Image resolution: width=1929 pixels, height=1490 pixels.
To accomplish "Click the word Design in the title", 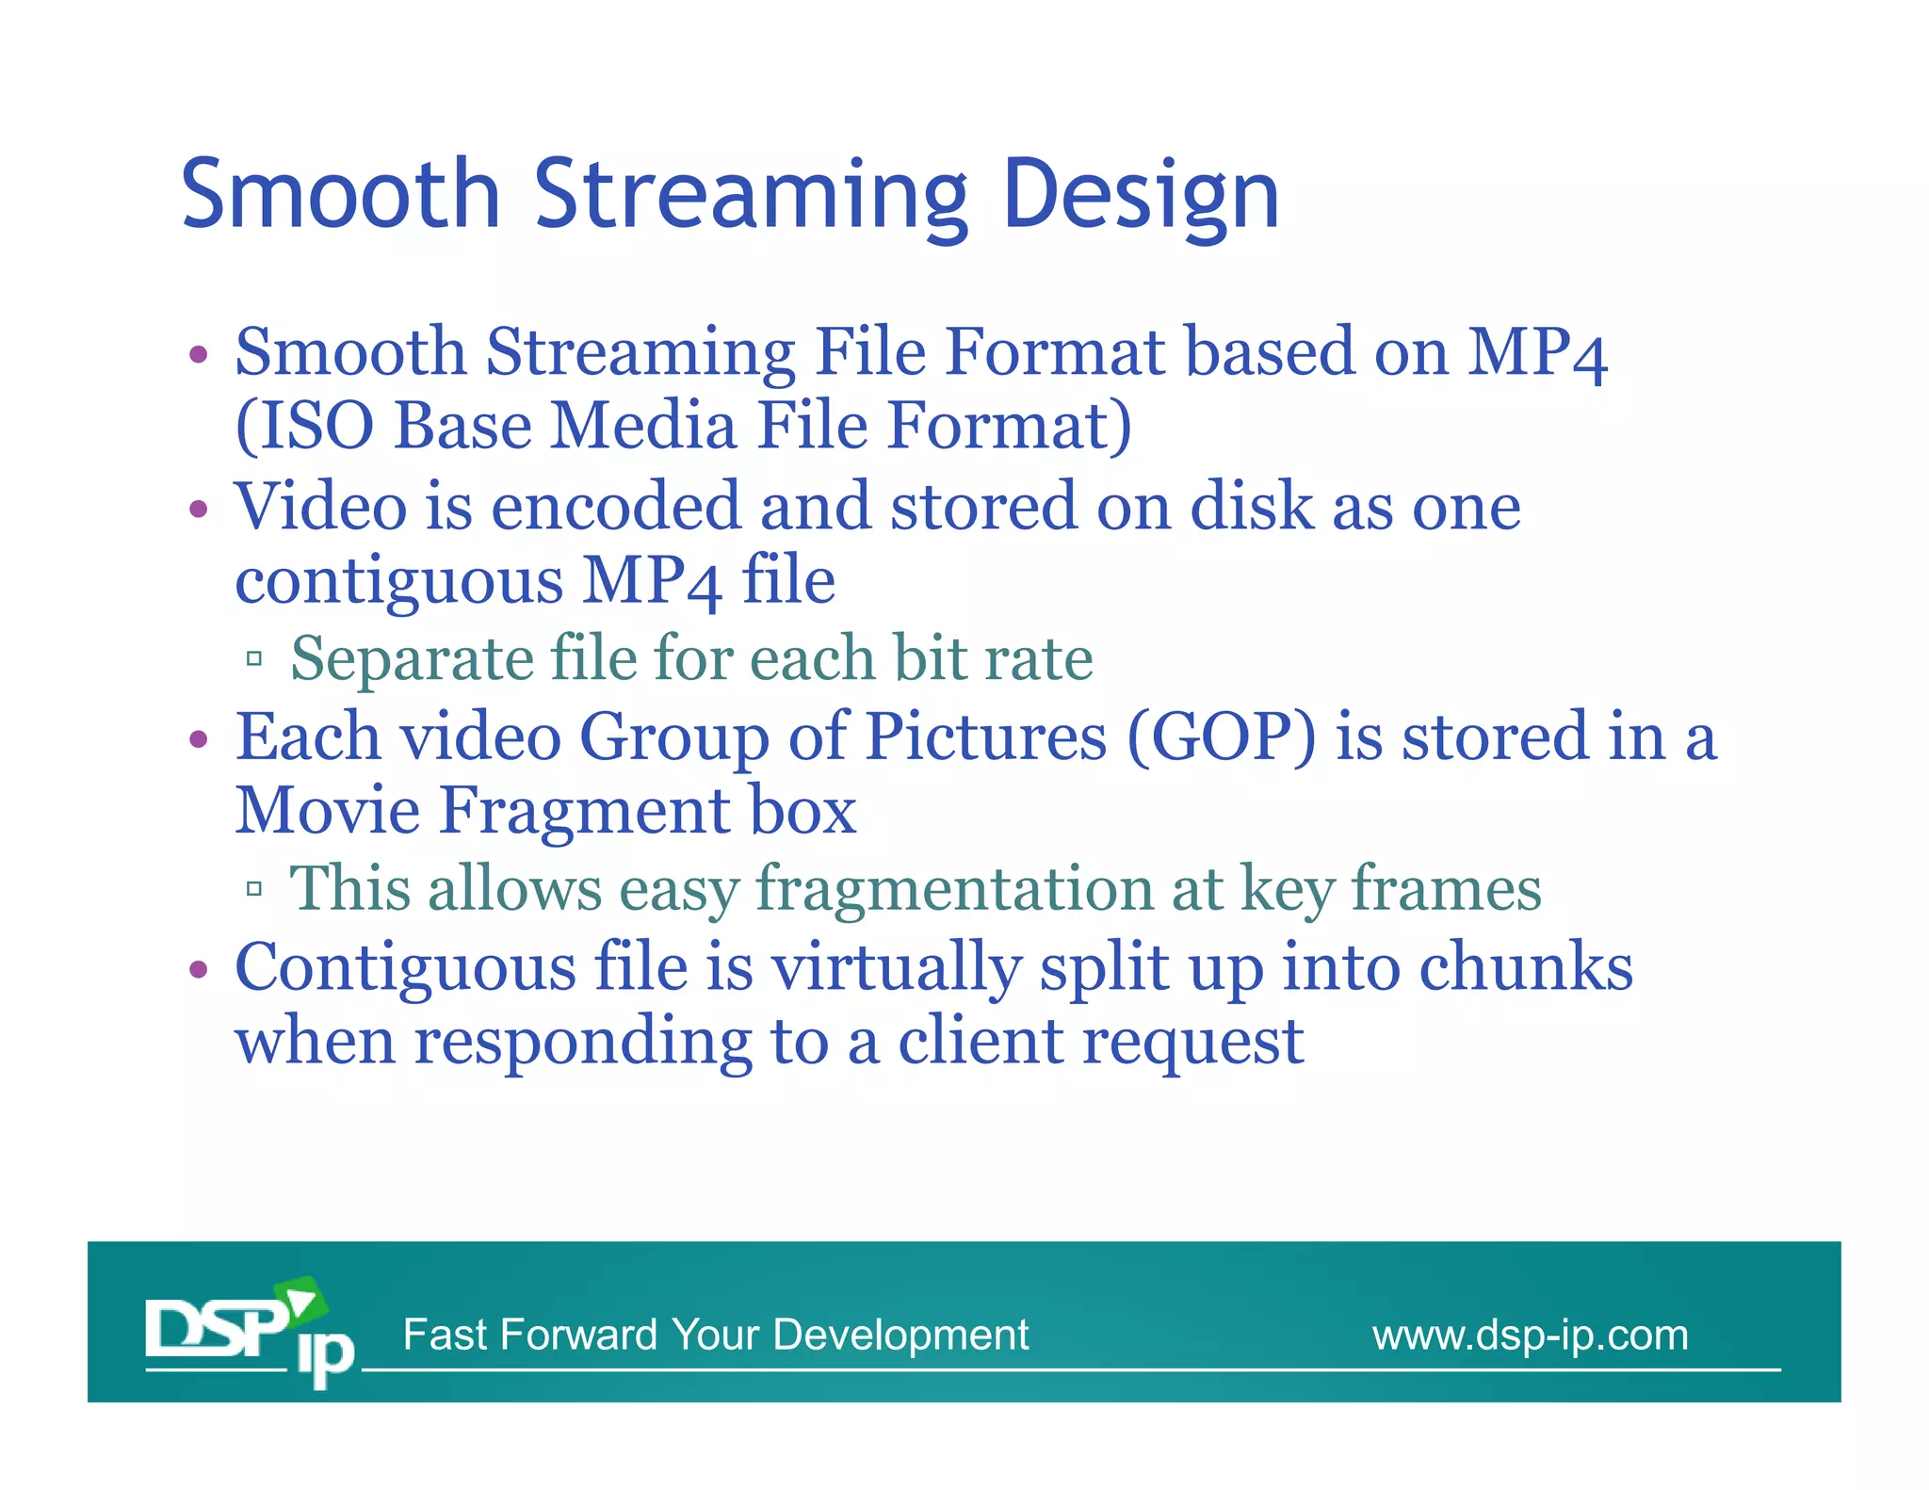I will pyautogui.click(x=1141, y=196).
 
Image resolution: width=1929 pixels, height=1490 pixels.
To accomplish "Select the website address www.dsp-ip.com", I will pyautogui.click(x=1530, y=1335).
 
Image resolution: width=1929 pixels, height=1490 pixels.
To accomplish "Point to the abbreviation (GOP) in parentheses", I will pyautogui.click(x=1221, y=737).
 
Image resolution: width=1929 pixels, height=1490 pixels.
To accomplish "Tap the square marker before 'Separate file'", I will pyautogui.click(x=253, y=658).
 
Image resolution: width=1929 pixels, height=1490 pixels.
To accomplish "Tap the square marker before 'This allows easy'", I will pyautogui.click(x=253, y=888).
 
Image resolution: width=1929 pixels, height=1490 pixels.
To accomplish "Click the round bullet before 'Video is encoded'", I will pyautogui.click(x=198, y=510).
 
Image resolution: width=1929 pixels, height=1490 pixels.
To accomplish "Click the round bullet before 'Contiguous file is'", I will pyautogui.click(x=198, y=969).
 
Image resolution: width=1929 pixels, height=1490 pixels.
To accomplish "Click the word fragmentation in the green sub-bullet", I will pyautogui.click(x=953, y=890).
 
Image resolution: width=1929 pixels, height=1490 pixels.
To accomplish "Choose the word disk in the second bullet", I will pyautogui.click(x=1251, y=507).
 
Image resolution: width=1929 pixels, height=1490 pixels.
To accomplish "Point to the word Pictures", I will pyautogui.click(x=985, y=737).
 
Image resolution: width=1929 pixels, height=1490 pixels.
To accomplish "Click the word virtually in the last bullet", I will pyautogui.click(x=896, y=969).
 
